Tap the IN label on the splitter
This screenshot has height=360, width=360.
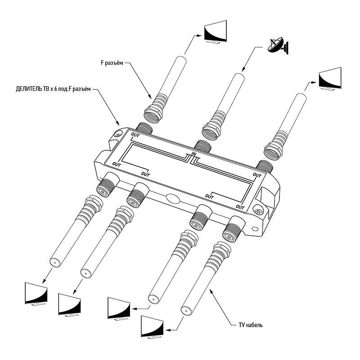tap(194, 155)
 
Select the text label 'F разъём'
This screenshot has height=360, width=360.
tap(111, 63)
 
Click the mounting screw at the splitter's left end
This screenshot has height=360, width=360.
tap(118, 134)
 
